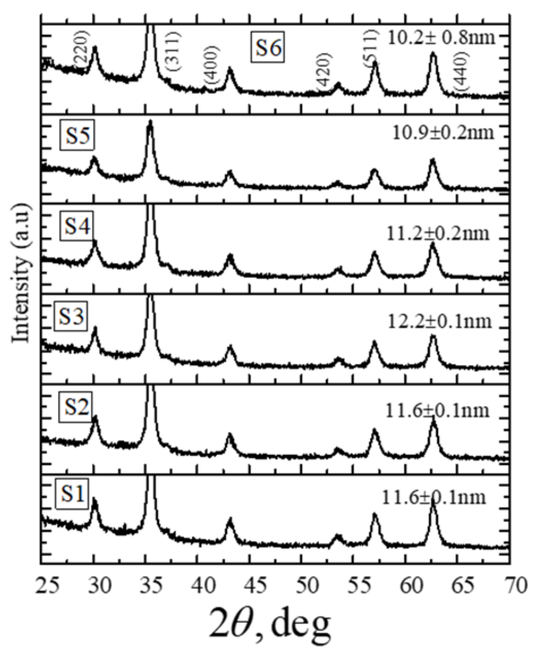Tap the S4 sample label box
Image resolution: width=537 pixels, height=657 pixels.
(x=76, y=226)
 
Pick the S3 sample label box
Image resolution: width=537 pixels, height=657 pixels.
(x=71, y=316)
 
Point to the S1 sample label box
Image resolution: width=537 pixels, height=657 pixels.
(x=72, y=494)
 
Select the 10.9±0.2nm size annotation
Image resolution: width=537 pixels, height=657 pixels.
(x=443, y=133)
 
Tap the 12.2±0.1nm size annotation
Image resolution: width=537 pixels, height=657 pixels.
(x=439, y=322)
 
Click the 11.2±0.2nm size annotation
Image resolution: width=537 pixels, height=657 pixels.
(x=438, y=234)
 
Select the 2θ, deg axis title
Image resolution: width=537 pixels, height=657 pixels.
(x=269, y=626)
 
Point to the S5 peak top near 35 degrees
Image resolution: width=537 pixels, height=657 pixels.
(x=150, y=121)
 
